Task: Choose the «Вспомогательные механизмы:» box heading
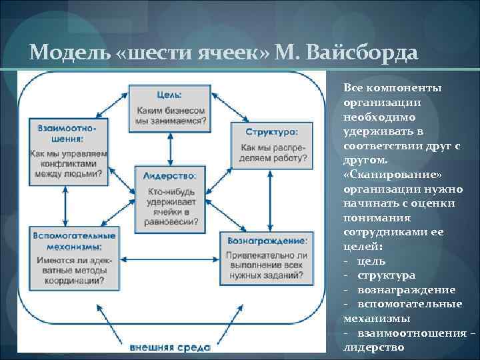pos(73,241)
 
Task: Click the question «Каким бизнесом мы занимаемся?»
pos(171,115)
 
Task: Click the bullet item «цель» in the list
pos(371,261)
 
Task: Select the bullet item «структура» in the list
pos(386,275)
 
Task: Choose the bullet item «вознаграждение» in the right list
pos(406,290)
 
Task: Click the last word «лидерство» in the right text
pos(375,347)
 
